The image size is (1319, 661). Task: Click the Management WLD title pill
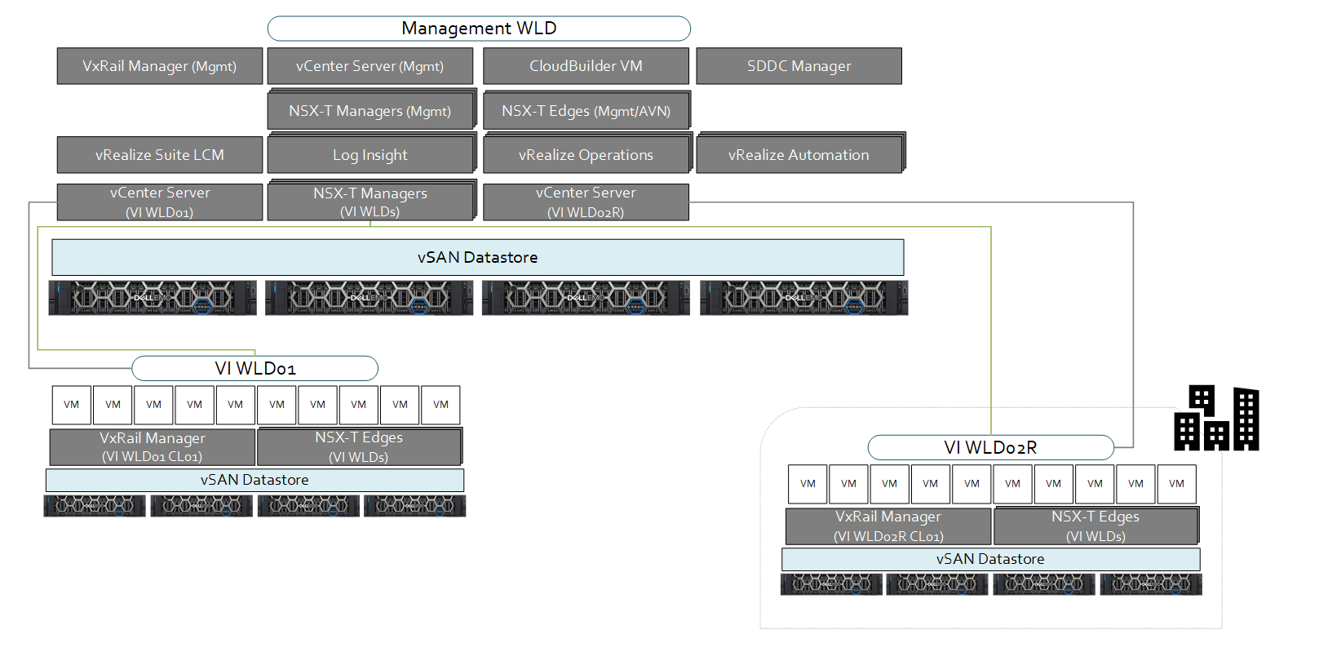click(x=479, y=29)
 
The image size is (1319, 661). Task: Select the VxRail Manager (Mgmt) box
click(x=160, y=66)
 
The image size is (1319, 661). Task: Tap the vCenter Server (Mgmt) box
click(x=370, y=66)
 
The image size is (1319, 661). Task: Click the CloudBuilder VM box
click(x=586, y=66)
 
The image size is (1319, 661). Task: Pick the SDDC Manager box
click(x=799, y=66)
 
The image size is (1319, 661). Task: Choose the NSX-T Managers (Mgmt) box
click(x=370, y=111)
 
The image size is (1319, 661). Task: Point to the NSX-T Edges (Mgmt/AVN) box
click(x=586, y=111)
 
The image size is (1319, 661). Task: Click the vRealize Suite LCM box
click(x=160, y=155)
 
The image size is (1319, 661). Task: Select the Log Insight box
click(x=370, y=155)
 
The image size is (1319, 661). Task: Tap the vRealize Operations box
click(x=586, y=155)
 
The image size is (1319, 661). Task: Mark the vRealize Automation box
click(x=799, y=155)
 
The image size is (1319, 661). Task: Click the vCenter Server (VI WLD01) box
click(x=160, y=202)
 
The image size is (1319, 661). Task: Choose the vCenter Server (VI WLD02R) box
click(x=586, y=202)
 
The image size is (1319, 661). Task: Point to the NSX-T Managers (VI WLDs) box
click(x=370, y=202)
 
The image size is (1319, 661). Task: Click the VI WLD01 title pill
click(x=255, y=369)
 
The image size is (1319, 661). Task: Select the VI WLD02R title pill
click(x=990, y=448)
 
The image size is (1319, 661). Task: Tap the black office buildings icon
click(x=1216, y=419)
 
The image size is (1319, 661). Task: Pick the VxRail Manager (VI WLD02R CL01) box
click(x=888, y=526)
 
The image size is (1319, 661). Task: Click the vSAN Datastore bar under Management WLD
click(x=478, y=258)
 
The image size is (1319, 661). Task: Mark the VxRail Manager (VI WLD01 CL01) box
click(x=153, y=447)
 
